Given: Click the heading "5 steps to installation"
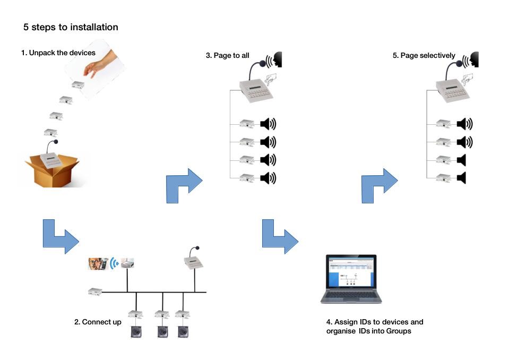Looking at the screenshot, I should click(71, 27).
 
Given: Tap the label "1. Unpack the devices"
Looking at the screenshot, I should click(58, 53).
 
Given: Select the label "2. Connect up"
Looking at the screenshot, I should click(98, 322).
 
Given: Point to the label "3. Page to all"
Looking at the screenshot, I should click(227, 55).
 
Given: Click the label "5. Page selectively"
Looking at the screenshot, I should click(424, 55).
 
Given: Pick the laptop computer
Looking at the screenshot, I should click(351, 279).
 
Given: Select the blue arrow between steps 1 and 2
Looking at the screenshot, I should click(60, 236).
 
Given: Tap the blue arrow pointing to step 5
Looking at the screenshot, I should click(378, 185).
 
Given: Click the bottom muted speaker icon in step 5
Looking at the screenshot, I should click(461, 178).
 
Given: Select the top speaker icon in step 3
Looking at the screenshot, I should click(268, 124).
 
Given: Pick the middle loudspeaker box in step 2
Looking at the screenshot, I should click(163, 331).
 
